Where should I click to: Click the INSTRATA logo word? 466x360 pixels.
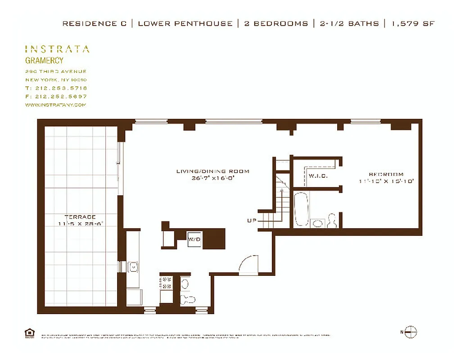click(x=57, y=49)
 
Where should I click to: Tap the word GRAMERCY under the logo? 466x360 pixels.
click(x=44, y=60)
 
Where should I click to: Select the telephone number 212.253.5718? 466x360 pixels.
click(x=61, y=88)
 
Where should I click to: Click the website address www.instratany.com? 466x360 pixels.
click(x=55, y=104)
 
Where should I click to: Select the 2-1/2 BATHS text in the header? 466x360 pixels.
click(x=349, y=23)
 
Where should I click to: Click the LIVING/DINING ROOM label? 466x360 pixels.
click(x=213, y=171)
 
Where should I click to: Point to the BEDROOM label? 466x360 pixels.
click(x=386, y=175)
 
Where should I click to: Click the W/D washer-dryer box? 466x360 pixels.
click(x=195, y=239)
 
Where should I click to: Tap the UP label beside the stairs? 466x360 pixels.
click(x=251, y=221)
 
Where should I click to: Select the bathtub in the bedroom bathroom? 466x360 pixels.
click(x=301, y=209)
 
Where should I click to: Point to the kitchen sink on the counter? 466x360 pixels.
click(x=133, y=267)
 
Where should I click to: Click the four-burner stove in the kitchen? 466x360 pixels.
click(x=166, y=283)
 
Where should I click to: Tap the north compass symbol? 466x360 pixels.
click(x=410, y=332)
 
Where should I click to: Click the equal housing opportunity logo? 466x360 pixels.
click(x=30, y=333)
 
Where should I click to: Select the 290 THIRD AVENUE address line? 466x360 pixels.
click(x=56, y=72)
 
